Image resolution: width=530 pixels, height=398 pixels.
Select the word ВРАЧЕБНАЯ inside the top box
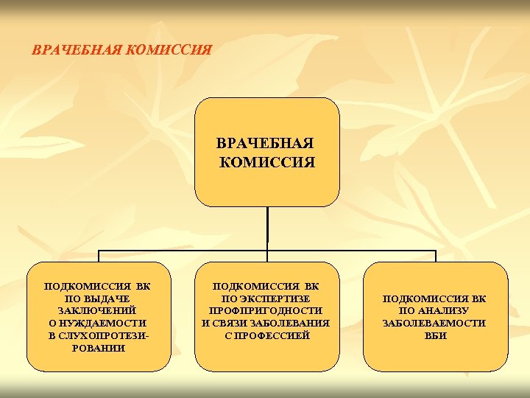coord(266,142)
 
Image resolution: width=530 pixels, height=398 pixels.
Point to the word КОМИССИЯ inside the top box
coord(268,161)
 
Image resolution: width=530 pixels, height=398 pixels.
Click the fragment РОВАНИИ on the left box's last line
coord(98,348)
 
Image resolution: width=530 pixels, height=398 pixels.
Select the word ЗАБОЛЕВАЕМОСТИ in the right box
coord(435,323)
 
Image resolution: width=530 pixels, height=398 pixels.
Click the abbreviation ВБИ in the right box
coord(435,335)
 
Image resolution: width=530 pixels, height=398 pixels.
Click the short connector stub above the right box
coord(436,256)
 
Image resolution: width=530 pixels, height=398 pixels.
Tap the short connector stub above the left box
coord(99,256)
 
